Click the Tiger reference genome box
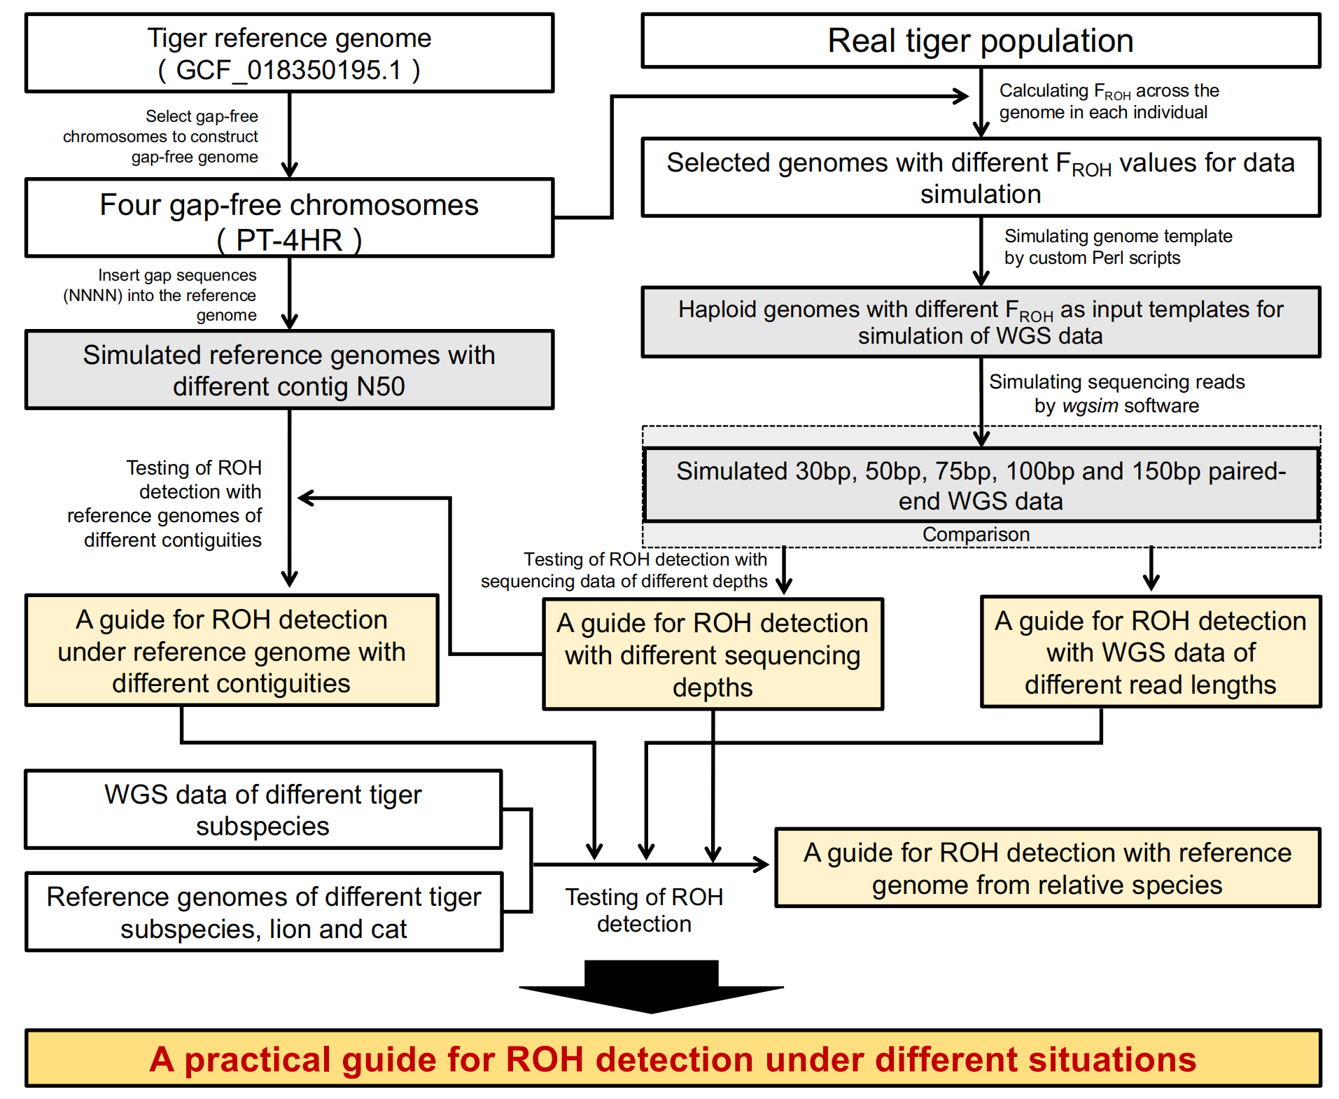pyautogui.click(x=289, y=52)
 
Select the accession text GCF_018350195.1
pyautogui.click(x=289, y=71)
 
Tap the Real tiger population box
pyautogui.click(x=980, y=41)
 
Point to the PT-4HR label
pyautogui.click(x=289, y=240)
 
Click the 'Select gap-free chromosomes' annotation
pyautogui.click(x=162, y=136)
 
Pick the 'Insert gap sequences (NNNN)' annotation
pyautogui.click(x=160, y=295)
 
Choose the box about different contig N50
pyautogui.click(x=289, y=370)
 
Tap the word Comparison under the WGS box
pyautogui.click(x=976, y=535)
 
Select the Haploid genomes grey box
pyautogui.click(x=980, y=322)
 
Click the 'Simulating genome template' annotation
pyautogui.click(x=1117, y=247)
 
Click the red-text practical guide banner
pyautogui.click(x=673, y=1058)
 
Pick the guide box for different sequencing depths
pyautogui.click(x=713, y=654)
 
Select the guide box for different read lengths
pyautogui.click(x=1150, y=652)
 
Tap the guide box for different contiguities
pyautogui.click(x=232, y=651)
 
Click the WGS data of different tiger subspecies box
pyautogui.click(x=263, y=810)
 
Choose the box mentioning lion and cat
pyautogui.click(x=264, y=912)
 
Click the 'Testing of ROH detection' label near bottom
pyautogui.click(x=644, y=910)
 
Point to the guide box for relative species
pyautogui.click(x=1047, y=868)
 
